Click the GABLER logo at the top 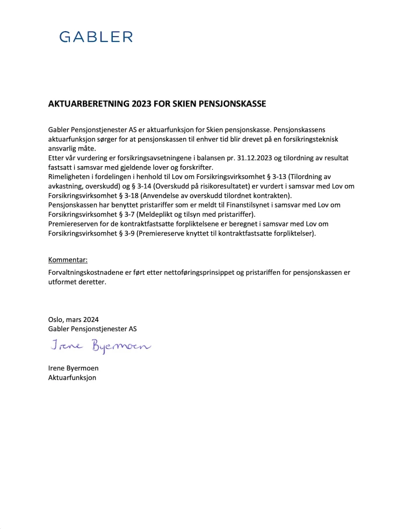96,37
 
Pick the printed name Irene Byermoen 73,368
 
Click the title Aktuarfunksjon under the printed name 72,377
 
